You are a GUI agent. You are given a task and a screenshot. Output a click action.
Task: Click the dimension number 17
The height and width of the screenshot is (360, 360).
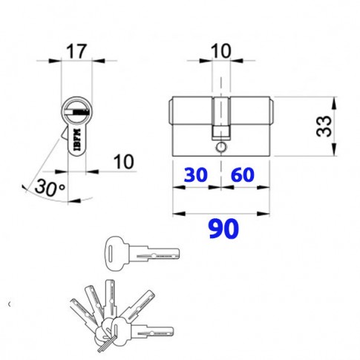77,51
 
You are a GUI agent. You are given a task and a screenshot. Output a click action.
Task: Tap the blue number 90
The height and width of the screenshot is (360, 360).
223,229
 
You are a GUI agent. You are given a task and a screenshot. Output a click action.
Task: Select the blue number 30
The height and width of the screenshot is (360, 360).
195,174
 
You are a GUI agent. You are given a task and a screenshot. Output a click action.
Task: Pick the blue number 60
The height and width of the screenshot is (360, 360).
243,174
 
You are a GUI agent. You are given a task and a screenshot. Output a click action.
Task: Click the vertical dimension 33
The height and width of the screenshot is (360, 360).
324,126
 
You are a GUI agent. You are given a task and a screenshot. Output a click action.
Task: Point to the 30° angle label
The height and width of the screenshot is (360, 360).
50,187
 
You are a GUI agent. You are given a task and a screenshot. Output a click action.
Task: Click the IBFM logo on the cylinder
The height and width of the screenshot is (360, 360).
77,140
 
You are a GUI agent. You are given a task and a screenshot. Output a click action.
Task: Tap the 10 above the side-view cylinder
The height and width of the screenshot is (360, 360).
220,51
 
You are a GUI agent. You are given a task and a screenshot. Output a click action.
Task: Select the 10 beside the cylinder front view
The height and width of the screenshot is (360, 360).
123,162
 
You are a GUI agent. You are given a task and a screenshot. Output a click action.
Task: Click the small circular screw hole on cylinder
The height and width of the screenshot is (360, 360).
220,147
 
